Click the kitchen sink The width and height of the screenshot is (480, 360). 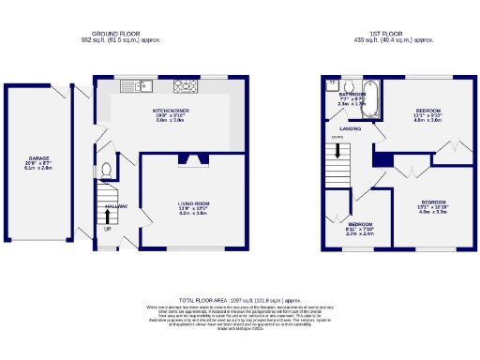pyautogui.click(x=142, y=87)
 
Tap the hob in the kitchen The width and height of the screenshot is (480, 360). pyautogui.click(x=186, y=87)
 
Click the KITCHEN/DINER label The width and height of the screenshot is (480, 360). pyautogui.click(x=172, y=109)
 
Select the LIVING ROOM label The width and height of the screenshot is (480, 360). pyautogui.click(x=194, y=202)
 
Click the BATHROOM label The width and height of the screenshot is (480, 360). pyautogui.click(x=352, y=95)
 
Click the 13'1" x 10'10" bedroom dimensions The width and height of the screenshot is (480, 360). pyautogui.click(x=433, y=207)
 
